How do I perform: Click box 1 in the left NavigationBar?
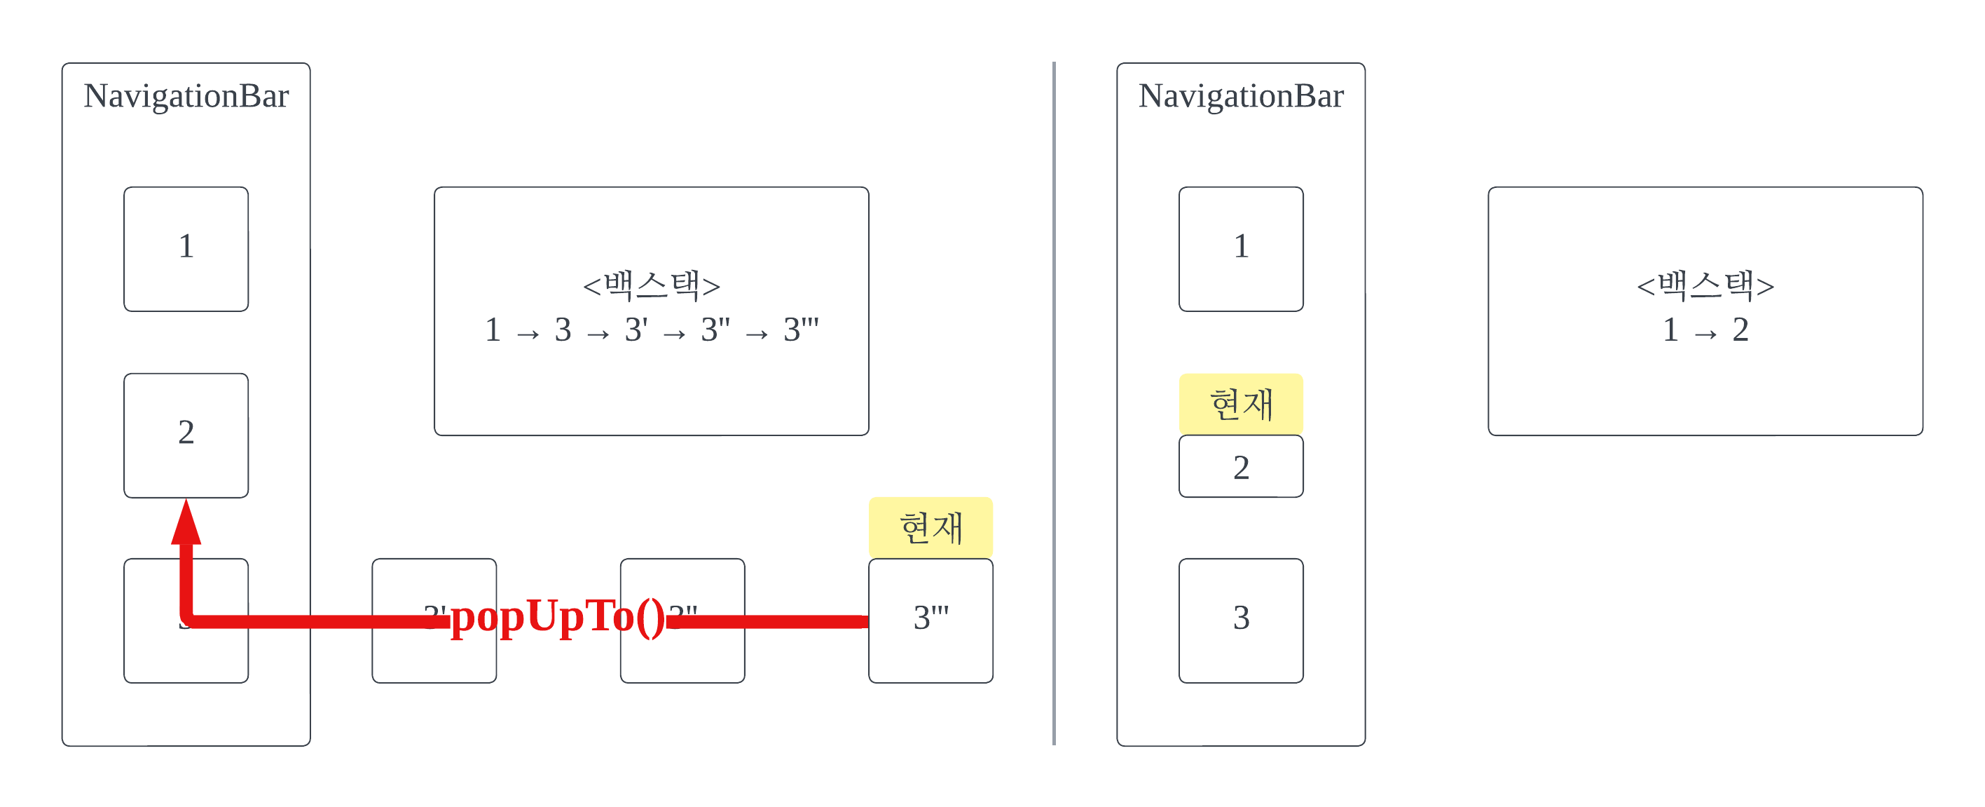186,248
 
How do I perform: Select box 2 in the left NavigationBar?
186,435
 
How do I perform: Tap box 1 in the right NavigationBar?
1241,248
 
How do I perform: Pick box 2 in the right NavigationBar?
1241,467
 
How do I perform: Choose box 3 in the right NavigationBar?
1241,620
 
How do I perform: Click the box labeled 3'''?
931,620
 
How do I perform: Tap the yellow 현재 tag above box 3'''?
931,528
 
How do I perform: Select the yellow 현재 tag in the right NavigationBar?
1241,404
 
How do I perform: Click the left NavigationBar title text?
186,96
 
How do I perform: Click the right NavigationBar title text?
1241,96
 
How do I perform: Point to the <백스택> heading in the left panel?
651,285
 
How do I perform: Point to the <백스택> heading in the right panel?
1705,285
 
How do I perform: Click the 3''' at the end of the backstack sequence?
801,330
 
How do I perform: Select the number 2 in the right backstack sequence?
1740,330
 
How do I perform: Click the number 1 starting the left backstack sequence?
493,330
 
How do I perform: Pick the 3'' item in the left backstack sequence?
715,330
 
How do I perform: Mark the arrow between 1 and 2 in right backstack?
1705,334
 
